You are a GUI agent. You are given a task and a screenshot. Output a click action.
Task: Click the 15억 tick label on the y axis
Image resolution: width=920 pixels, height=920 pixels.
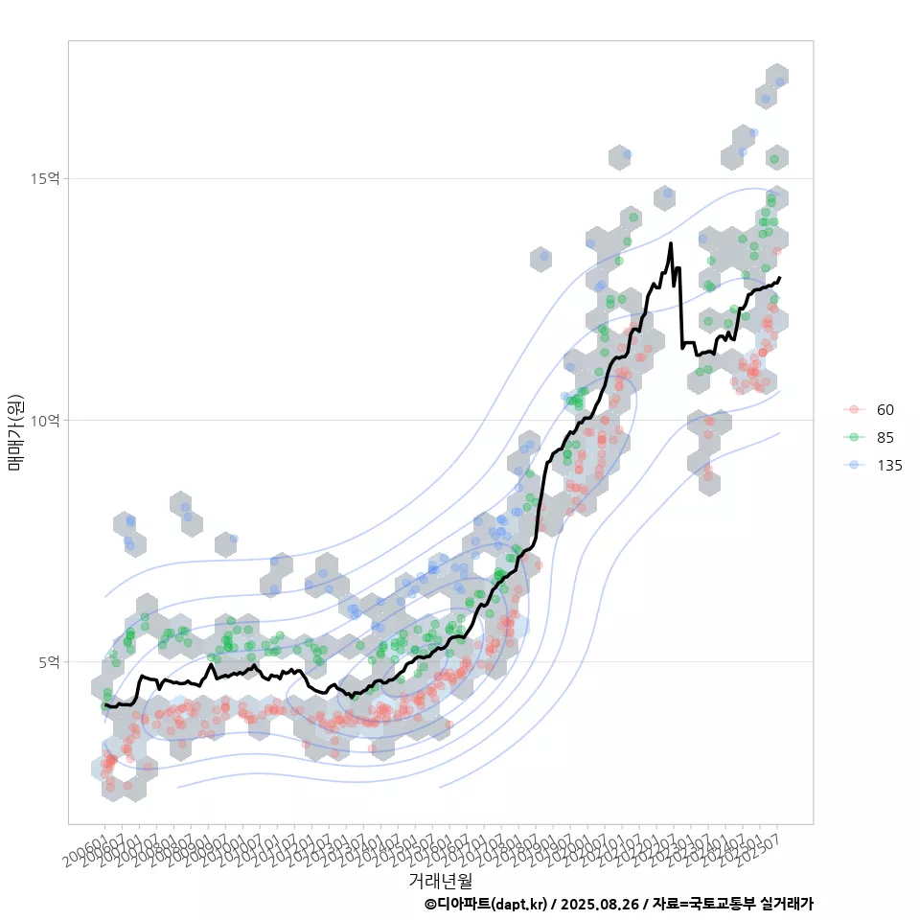pyautogui.click(x=46, y=178)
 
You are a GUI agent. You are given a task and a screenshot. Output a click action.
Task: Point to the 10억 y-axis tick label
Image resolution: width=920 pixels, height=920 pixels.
pyautogui.click(x=46, y=420)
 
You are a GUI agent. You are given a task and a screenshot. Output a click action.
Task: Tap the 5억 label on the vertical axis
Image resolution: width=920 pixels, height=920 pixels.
pyautogui.click(x=49, y=661)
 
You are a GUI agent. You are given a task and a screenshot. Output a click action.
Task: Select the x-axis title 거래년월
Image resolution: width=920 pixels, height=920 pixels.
pyautogui.click(x=440, y=880)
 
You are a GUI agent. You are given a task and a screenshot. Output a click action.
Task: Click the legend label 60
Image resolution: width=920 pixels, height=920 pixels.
pyautogui.click(x=885, y=410)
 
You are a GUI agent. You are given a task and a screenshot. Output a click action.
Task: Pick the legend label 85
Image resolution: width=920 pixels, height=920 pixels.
pyautogui.click(x=885, y=438)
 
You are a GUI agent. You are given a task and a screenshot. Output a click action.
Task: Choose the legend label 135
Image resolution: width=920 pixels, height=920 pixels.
pyautogui.click(x=888, y=466)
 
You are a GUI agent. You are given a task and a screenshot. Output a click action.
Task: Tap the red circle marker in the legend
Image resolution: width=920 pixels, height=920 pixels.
pyautogui.click(x=853, y=410)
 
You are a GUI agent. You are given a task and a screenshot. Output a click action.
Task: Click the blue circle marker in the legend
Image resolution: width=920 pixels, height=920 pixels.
pyautogui.click(x=853, y=466)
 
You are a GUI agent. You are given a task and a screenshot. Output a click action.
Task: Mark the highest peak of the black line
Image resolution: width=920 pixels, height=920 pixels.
pyautogui.click(x=671, y=243)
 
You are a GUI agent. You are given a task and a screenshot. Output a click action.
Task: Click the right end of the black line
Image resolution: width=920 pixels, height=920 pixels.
pyautogui.click(x=780, y=278)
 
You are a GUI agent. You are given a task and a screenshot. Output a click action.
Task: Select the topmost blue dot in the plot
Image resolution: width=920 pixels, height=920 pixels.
pyautogui.click(x=780, y=82)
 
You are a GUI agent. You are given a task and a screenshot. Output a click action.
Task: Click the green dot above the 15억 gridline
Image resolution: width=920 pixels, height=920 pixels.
pyautogui.click(x=773, y=159)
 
